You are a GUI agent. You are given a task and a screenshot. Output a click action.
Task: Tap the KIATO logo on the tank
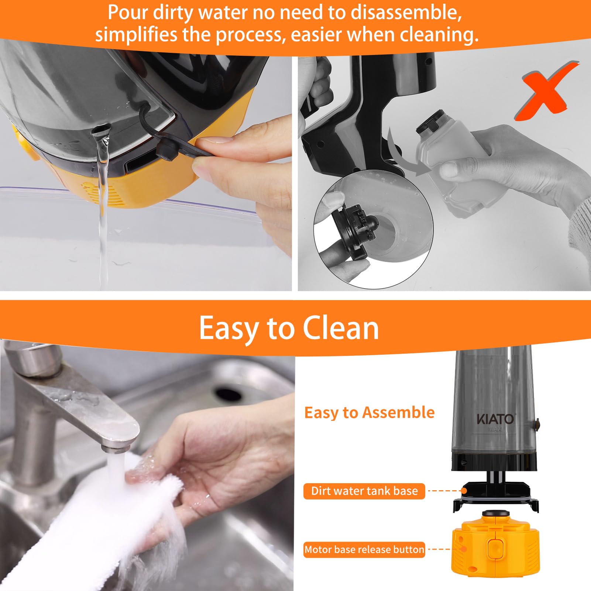coord(495,419)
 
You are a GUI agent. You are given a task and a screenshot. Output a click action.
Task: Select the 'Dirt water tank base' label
coord(364,491)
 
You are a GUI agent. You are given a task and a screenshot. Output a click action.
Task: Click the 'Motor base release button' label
coord(364,550)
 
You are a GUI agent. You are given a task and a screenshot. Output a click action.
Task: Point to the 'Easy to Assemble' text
coord(369,412)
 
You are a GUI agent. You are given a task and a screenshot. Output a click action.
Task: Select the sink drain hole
coord(228,394)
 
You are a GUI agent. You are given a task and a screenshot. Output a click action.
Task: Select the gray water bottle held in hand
coord(456,166)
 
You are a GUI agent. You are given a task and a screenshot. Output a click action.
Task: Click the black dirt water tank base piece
coord(495,496)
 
